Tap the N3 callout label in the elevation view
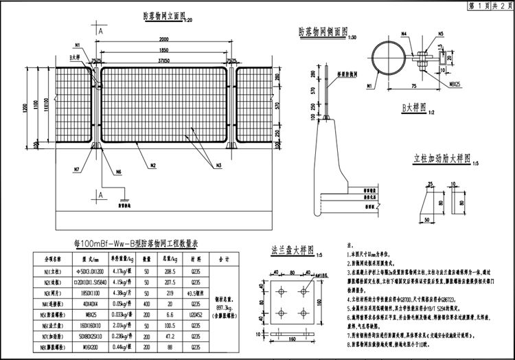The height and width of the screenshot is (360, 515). (218, 166)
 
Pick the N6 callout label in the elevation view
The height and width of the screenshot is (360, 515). (118, 172)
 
